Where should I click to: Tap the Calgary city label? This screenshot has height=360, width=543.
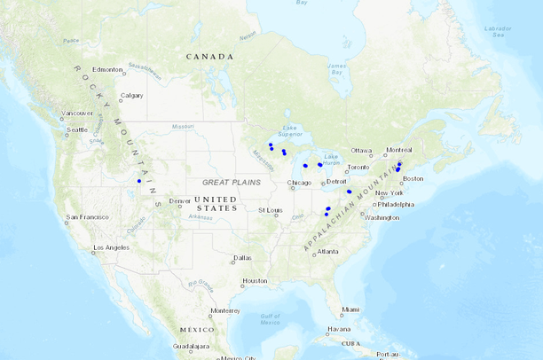coord(131,96)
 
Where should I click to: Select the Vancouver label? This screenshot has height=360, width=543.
coord(77,113)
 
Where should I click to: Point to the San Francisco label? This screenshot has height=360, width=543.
coord(87,216)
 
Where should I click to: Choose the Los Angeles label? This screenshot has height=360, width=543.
coord(112,247)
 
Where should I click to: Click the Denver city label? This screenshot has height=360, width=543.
coord(179,201)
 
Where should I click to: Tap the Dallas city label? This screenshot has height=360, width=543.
coord(242,258)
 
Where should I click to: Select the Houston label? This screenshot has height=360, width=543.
coord(255,281)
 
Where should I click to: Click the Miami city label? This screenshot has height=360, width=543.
coord(353,309)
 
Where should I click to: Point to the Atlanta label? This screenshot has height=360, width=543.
coord(327,251)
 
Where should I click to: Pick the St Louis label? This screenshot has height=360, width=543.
coord(270,210)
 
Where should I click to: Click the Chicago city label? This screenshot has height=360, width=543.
coord(299,184)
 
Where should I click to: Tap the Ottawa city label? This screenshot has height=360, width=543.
coord(361,150)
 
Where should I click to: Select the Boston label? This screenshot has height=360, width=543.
coord(413,178)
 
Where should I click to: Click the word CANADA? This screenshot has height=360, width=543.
coord(209,57)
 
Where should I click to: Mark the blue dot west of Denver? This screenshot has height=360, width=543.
coord(139,181)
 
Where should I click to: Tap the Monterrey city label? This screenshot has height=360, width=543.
coord(225,310)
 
